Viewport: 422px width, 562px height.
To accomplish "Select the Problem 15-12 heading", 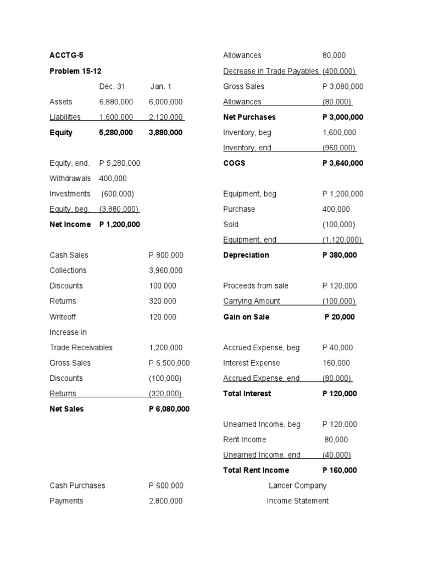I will click(x=75, y=71).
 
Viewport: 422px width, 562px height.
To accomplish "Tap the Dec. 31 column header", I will click(x=112, y=86).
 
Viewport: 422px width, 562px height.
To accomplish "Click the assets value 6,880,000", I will click(x=116, y=102).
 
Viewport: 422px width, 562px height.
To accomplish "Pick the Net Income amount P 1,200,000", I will click(x=119, y=224).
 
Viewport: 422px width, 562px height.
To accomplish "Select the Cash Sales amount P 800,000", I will click(x=166, y=255).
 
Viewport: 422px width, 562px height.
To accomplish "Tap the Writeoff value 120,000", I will click(x=163, y=317).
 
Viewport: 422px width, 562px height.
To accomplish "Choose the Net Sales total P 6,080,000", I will click(x=169, y=409).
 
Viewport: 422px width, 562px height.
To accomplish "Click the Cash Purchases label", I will click(x=77, y=486).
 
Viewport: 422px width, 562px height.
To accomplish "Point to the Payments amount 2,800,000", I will click(x=165, y=501).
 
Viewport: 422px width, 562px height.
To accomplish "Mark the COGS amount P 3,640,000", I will click(x=342, y=163).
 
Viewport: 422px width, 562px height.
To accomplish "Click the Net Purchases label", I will click(x=249, y=117).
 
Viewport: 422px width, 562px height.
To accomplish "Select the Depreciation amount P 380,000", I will click(x=339, y=255).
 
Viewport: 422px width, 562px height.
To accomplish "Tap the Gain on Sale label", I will click(x=246, y=317).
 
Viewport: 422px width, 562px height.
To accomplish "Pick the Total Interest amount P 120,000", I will click(x=339, y=394).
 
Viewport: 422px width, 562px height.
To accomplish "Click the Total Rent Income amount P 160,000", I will click(x=339, y=470).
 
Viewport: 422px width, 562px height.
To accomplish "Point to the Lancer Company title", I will click(x=297, y=486).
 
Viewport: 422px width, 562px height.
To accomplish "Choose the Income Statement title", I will click(x=297, y=501).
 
